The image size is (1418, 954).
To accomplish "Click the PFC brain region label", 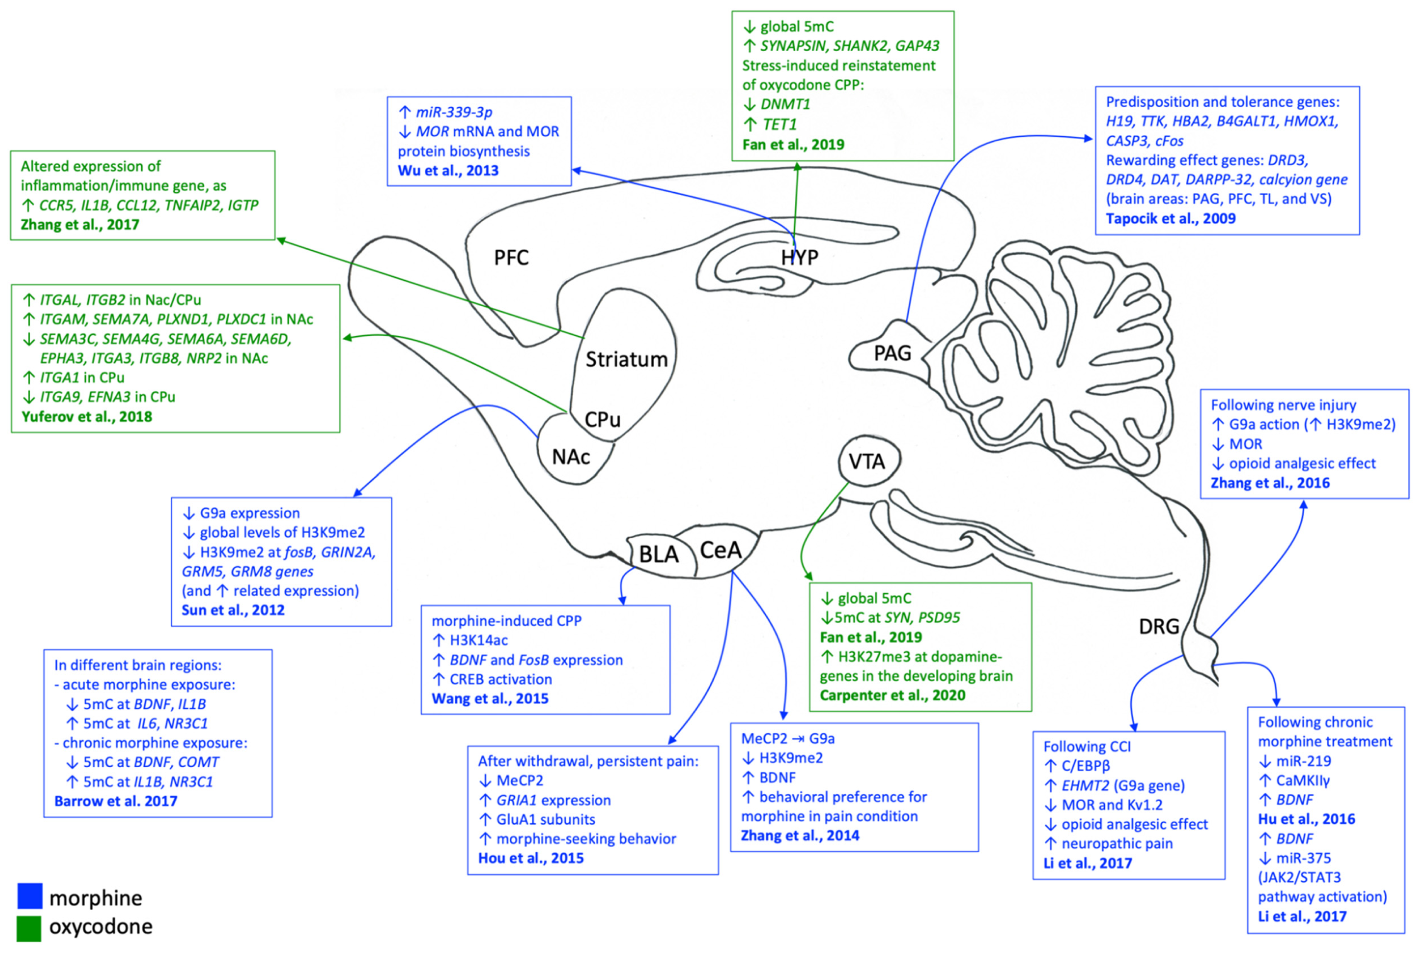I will (511, 258).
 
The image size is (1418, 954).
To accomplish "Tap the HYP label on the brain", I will (799, 258).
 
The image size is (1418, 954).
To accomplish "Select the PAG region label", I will (893, 353).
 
